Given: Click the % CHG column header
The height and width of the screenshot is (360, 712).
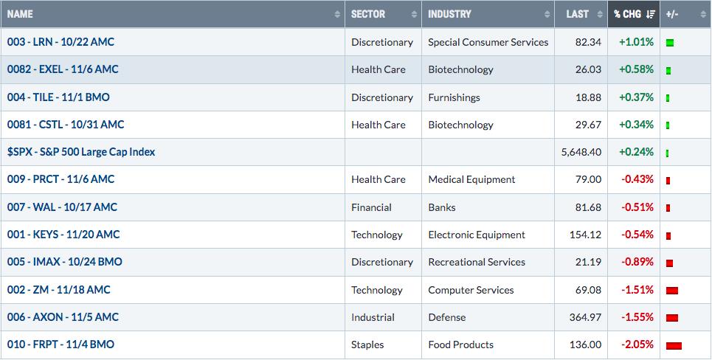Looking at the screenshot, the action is pyautogui.click(x=628, y=14).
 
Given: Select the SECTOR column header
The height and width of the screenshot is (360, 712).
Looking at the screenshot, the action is pyautogui.click(x=368, y=14).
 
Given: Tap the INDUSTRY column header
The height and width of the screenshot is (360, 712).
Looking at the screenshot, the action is pyautogui.click(x=449, y=14).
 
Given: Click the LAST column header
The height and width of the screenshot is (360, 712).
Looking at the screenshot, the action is pyautogui.click(x=577, y=14).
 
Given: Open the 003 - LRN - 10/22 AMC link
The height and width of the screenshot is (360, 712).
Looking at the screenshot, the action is pyautogui.click(x=61, y=42).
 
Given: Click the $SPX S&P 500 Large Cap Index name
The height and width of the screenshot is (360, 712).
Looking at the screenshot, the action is pyautogui.click(x=81, y=152).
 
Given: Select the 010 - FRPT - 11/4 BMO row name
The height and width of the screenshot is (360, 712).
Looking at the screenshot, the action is pyautogui.click(x=61, y=344).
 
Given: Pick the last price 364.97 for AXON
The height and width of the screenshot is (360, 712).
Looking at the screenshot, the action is pyautogui.click(x=585, y=317).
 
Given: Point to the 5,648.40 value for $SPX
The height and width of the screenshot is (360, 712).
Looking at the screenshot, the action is pyautogui.click(x=581, y=152).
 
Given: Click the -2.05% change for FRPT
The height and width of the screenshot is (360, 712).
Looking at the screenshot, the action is pyautogui.click(x=637, y=344).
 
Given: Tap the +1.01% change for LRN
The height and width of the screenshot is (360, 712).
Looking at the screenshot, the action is pyautogui.click(x=636, y=42).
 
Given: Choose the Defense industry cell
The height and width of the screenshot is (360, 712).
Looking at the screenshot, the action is pyautogui.click(x=447, y=317).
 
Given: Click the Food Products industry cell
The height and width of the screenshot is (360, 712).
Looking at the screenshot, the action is pyautogui.click(x=460, y=345).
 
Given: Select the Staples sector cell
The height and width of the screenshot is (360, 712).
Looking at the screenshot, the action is pyautogui.click(x=367, y=345).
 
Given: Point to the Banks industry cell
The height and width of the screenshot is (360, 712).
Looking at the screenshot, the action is pyautogui.click(x=442, y=207).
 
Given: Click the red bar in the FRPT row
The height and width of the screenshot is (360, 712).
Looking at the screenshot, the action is pyautogui.click(x=674, y=345).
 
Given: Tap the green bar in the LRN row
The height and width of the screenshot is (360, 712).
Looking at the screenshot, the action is pyautogui.click(x=670, y=43).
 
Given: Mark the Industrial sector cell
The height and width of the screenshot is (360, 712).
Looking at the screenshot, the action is pyautogui.click(x=373, y=317).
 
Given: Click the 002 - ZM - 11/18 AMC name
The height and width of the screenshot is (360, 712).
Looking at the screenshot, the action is pyautogui.click(x=58, y=290).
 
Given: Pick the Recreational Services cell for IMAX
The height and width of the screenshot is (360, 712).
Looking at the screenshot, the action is pyautogui.click(x=477, y=262).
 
